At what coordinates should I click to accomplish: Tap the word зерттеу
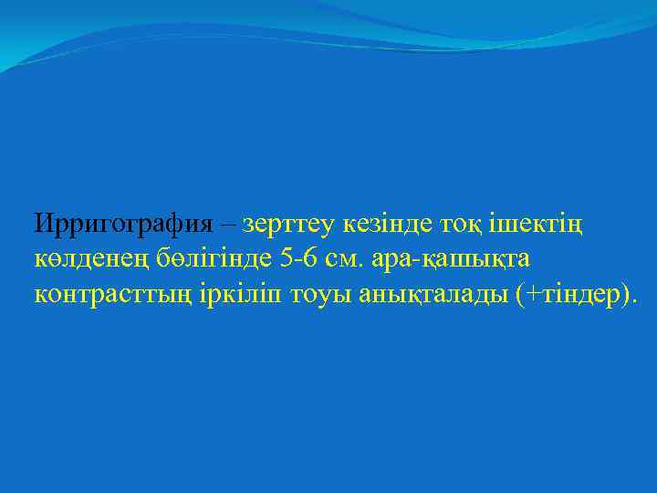[x=287, y=223]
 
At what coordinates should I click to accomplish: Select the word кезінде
[x=381, y=223]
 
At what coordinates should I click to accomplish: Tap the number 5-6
[x=299, y=258]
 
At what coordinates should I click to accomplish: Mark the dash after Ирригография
[x=226, y=223]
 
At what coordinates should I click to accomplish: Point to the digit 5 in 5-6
[x=287, y=258]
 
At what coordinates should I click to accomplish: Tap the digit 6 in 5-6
[x=311, y=258]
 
